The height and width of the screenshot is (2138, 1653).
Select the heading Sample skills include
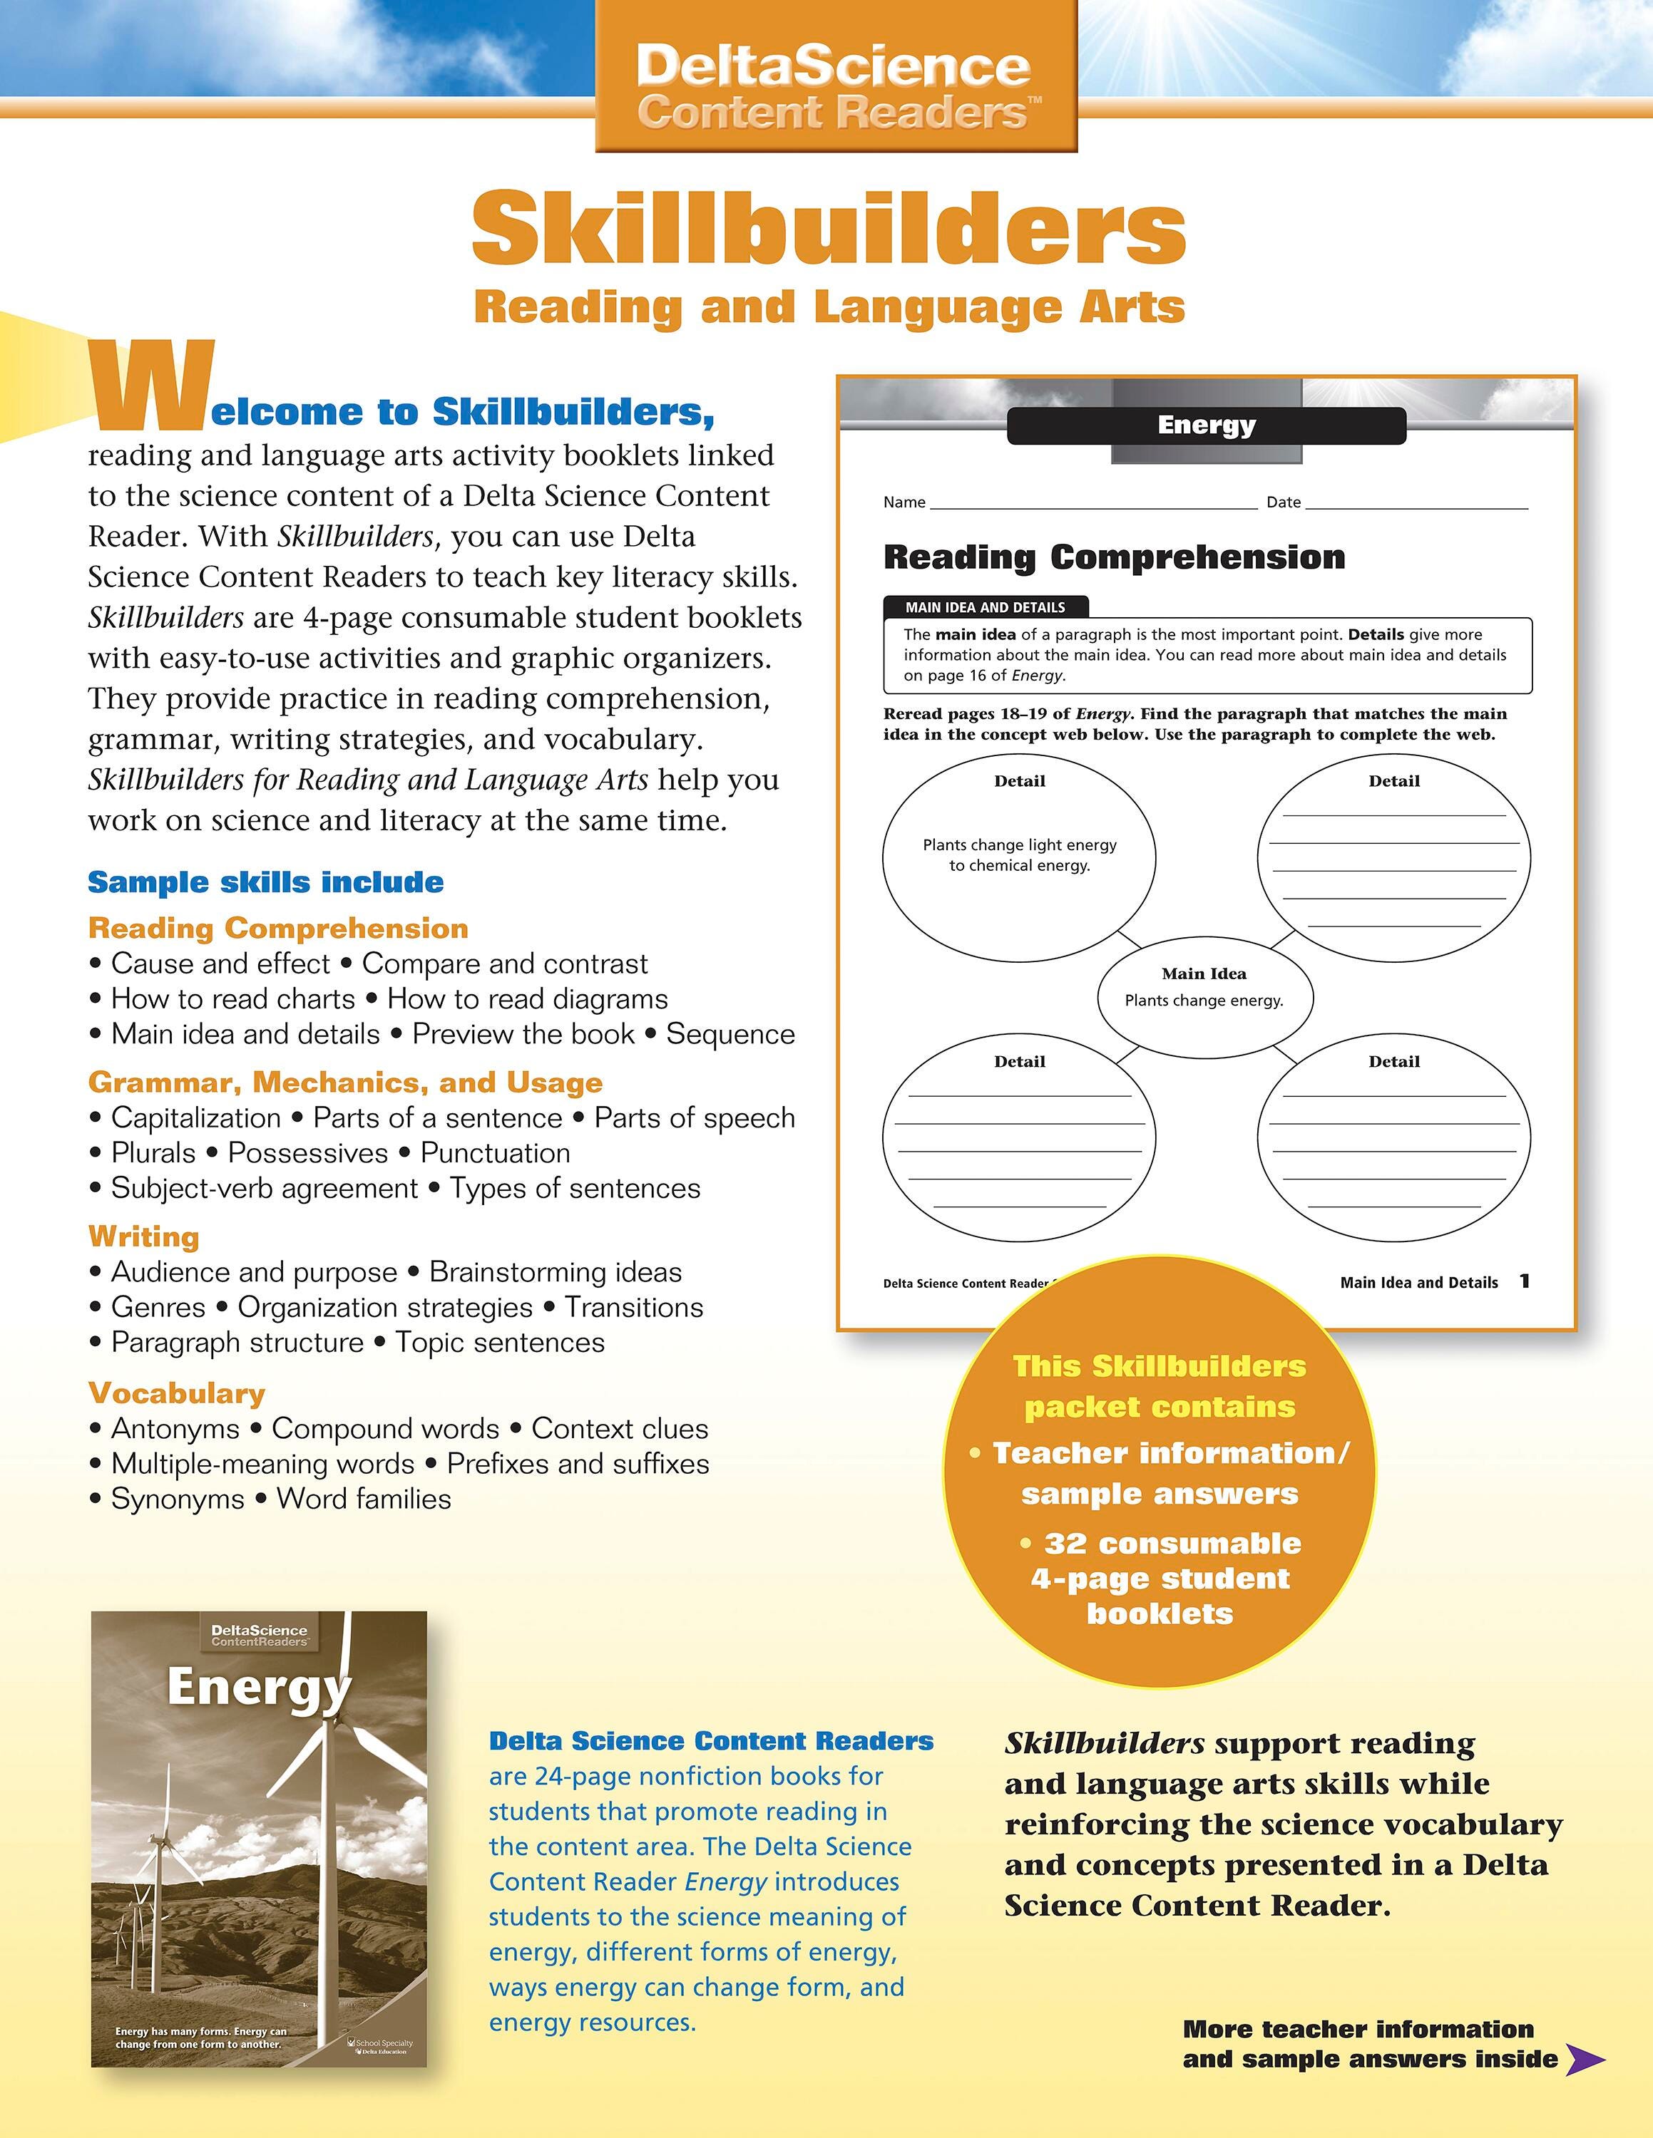(x=265, y=882)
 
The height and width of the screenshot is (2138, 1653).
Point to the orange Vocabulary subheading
(x=176, y=1393)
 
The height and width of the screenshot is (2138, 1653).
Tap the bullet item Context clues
(x=619, y=1428)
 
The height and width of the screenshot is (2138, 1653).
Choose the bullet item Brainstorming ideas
(x=556, y=1271)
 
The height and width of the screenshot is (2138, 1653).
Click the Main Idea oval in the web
(x=1204, y=993)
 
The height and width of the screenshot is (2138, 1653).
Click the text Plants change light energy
(x=1020, y=845)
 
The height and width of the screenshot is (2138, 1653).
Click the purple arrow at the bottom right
(x=1585, y=2059)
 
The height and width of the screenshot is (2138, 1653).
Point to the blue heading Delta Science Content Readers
(x=711, y=1740)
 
